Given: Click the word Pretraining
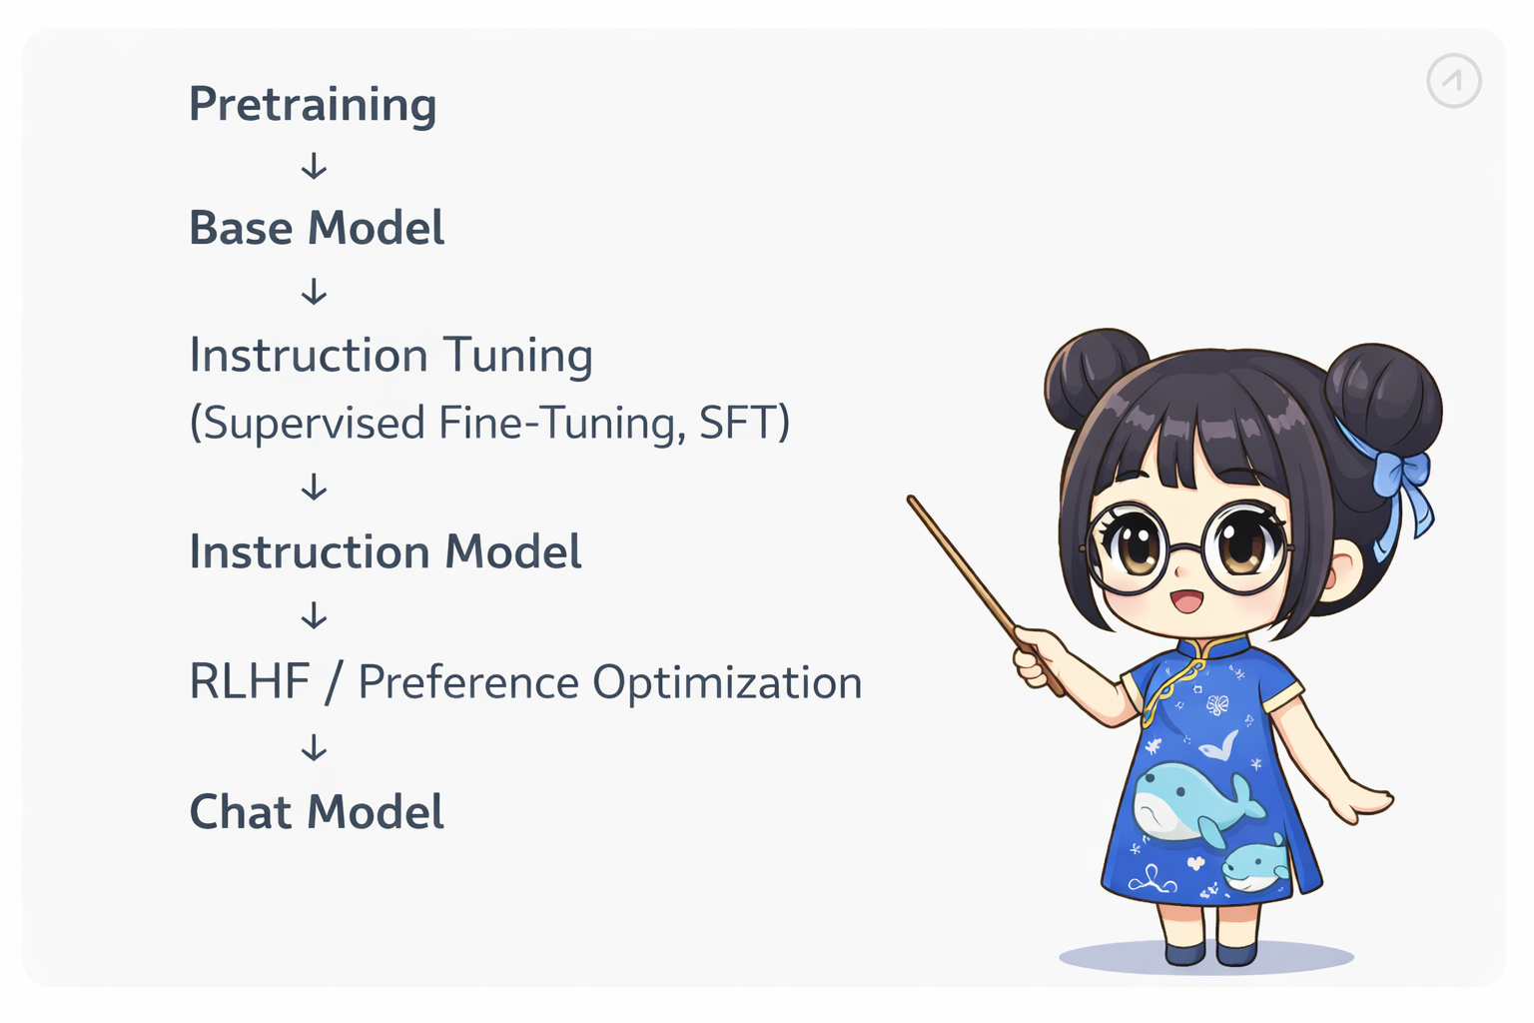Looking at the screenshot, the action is tap(313, 105).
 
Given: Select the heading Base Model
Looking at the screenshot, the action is tap(317, 228).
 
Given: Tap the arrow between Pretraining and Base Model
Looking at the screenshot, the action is tap(315, 167).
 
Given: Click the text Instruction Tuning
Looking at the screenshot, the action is tap(391, 356).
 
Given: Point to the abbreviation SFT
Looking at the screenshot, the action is tap(739, 422).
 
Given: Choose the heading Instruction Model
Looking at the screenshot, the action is tap(385, 551).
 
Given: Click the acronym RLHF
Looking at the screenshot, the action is tap(250, 681).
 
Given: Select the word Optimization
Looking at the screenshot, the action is tap(727, 683).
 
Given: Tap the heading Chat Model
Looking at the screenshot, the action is tap(317, 812).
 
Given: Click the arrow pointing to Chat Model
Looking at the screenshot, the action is tap(315, 747).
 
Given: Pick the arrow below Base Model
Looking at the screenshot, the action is tap(315, 291).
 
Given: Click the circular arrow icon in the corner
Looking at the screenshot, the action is tap(1454, 81).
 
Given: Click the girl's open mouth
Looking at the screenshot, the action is tap(1186, 601).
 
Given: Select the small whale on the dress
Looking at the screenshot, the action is tap(1254, 865).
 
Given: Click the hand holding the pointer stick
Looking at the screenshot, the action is tap(1038, 656).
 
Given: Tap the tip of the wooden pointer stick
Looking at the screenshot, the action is tap(911, 499).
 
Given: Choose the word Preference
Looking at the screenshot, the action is tap(468, 683).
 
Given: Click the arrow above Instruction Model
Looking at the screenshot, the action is tap(315, 488).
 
